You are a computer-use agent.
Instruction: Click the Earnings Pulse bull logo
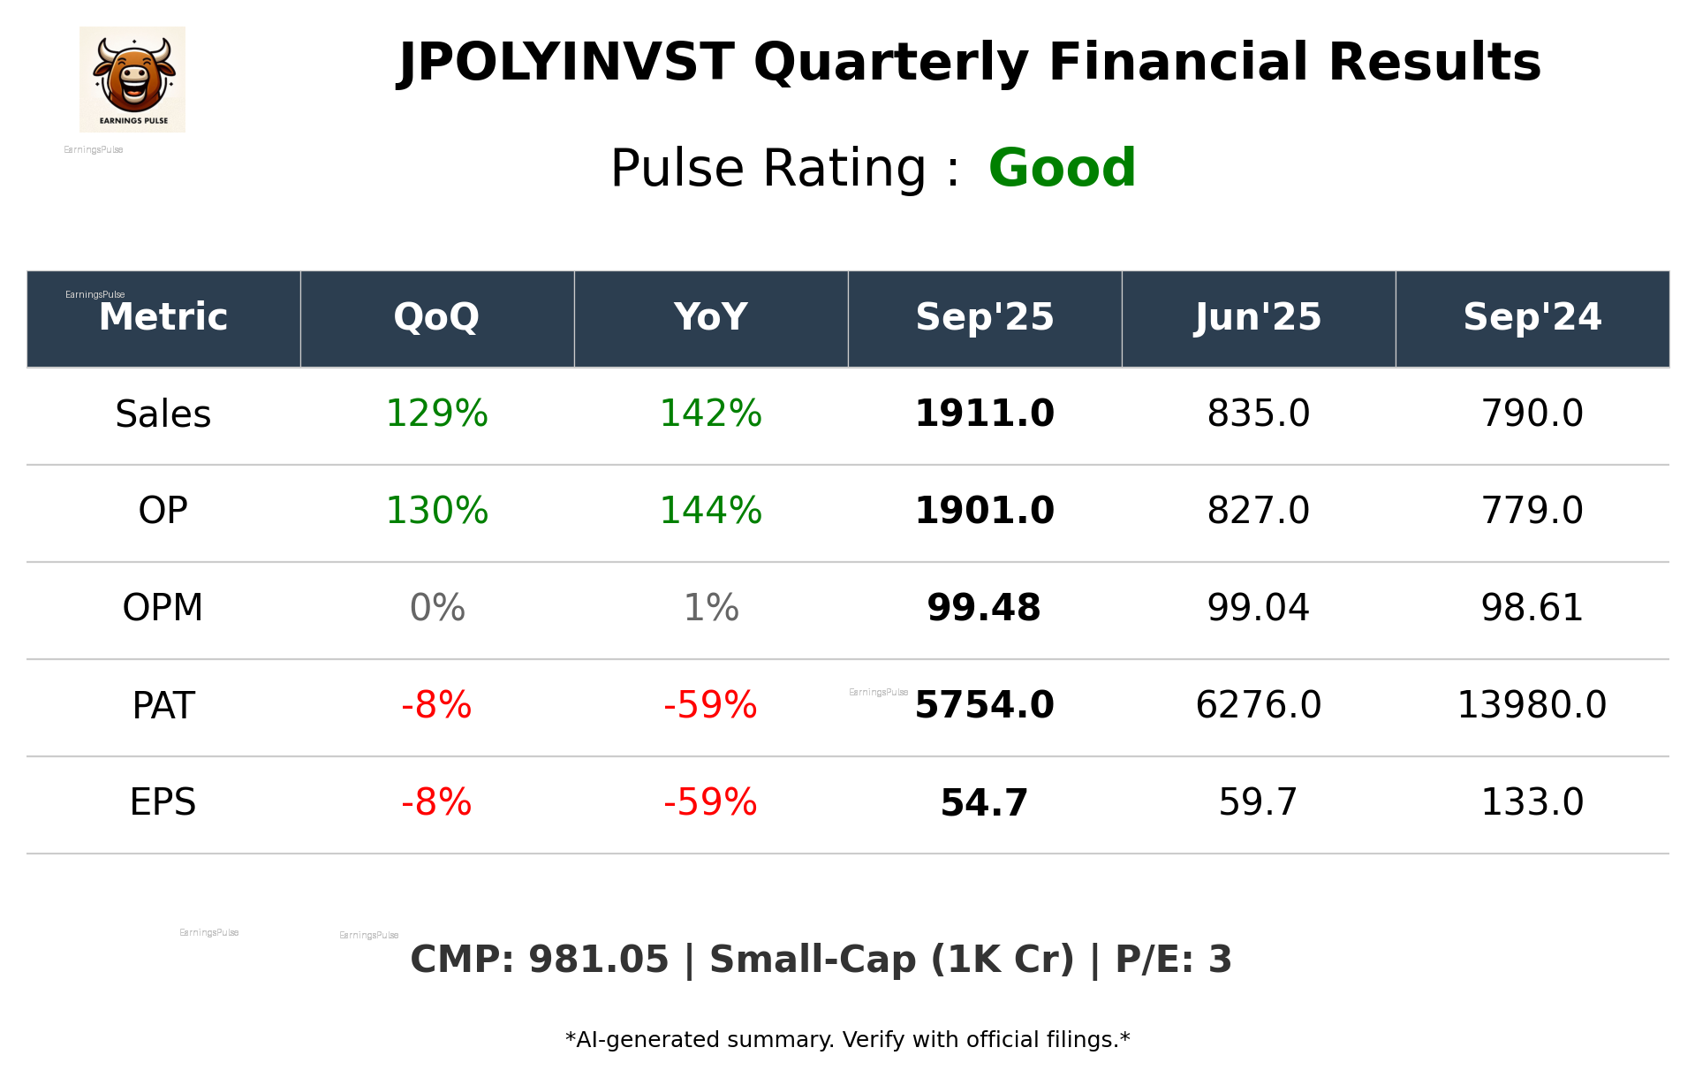pyautogui.click(x=132, y=79)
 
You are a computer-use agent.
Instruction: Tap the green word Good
pyautogui.click(x=1062, y=168)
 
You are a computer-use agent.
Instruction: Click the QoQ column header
pyautogui.click(x=436, y=317)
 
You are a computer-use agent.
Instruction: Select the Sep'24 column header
pyautogui.click(x=1532, y=317)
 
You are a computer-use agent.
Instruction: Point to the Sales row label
pyautogui.click(x=163, y=414)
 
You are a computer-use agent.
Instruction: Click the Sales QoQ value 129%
pyautogui.click(x=436, y=414)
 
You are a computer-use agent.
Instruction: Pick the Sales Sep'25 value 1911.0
pyautogui.click(x=984, y=414)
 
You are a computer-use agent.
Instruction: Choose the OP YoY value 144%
pyautogui.click(x=710, y=512)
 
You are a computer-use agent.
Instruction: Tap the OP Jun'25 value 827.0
pyautogui.click(x=1258, y=512)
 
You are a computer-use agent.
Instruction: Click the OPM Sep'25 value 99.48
pyautogui.click(x=984, y=609)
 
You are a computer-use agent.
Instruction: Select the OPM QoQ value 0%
pyautogui.click(x=436, y=609)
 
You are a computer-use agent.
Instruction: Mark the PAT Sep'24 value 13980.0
pyautogui.click(x=1532, y=706)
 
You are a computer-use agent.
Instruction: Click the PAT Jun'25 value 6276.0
pyautogui.click(x=1258, y=706)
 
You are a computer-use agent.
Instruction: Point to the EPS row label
pyautogui.click(x=163, y=803)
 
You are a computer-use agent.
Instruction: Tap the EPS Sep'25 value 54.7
pyautogui.click(x=984, y=803)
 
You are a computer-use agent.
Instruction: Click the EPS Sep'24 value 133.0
pyautogui.click(x=1532, y=803)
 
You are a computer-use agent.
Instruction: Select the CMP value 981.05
pyautogui.click(x=598, y=960)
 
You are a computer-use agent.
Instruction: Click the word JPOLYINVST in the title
pyautogui.click(x=566, y=63)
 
